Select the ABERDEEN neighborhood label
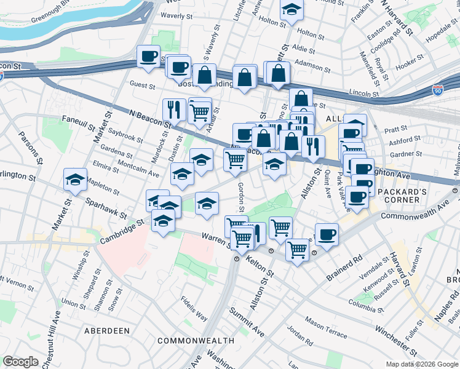click(x=107, y=331)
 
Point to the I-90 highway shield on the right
click(x=438, y=90)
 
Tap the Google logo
click(x=20, y=362)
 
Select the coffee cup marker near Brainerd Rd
click(x=327, y=234)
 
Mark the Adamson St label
click(x=313, y=63)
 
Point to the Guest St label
click(x=142, y=85)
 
